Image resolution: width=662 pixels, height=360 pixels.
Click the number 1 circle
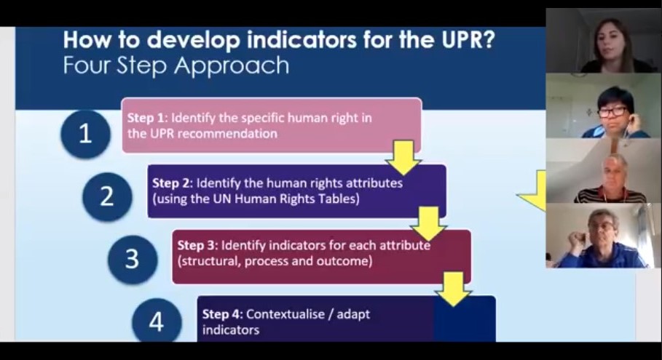[x=86, y=134]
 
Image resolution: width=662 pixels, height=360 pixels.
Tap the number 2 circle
[x=107, y=196]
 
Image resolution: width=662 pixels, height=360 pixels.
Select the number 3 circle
[x=132, y=259]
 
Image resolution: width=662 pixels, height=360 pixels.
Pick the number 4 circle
[x=157, y=321]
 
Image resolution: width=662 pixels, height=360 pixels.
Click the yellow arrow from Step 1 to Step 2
[x=403, y=158]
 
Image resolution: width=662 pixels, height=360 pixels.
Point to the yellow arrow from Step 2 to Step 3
[x=428, y=223]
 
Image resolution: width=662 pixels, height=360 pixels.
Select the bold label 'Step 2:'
[x=173, y=183]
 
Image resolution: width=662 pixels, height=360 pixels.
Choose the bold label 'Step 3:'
[x=197, y=245]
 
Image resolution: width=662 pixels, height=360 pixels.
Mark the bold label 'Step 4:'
[x=223, y=314]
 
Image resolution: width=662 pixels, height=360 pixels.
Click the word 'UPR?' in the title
[x=467, y=39]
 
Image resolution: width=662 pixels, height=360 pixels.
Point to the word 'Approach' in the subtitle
[x=232, y=65]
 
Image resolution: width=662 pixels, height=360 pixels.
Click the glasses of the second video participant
[x=612, y=112]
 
